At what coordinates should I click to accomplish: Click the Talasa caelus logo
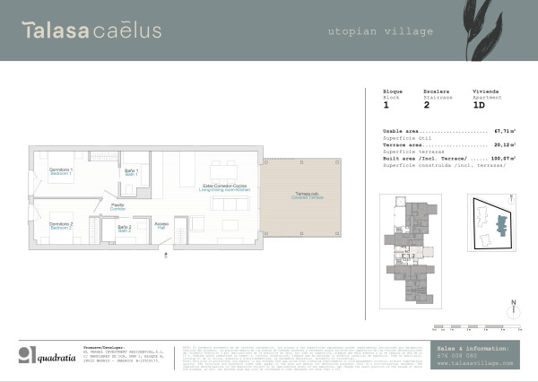(x=92, y=30)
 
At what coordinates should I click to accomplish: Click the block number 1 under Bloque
(x=386, y=106)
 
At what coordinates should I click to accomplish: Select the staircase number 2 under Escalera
(x=426, y=106)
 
